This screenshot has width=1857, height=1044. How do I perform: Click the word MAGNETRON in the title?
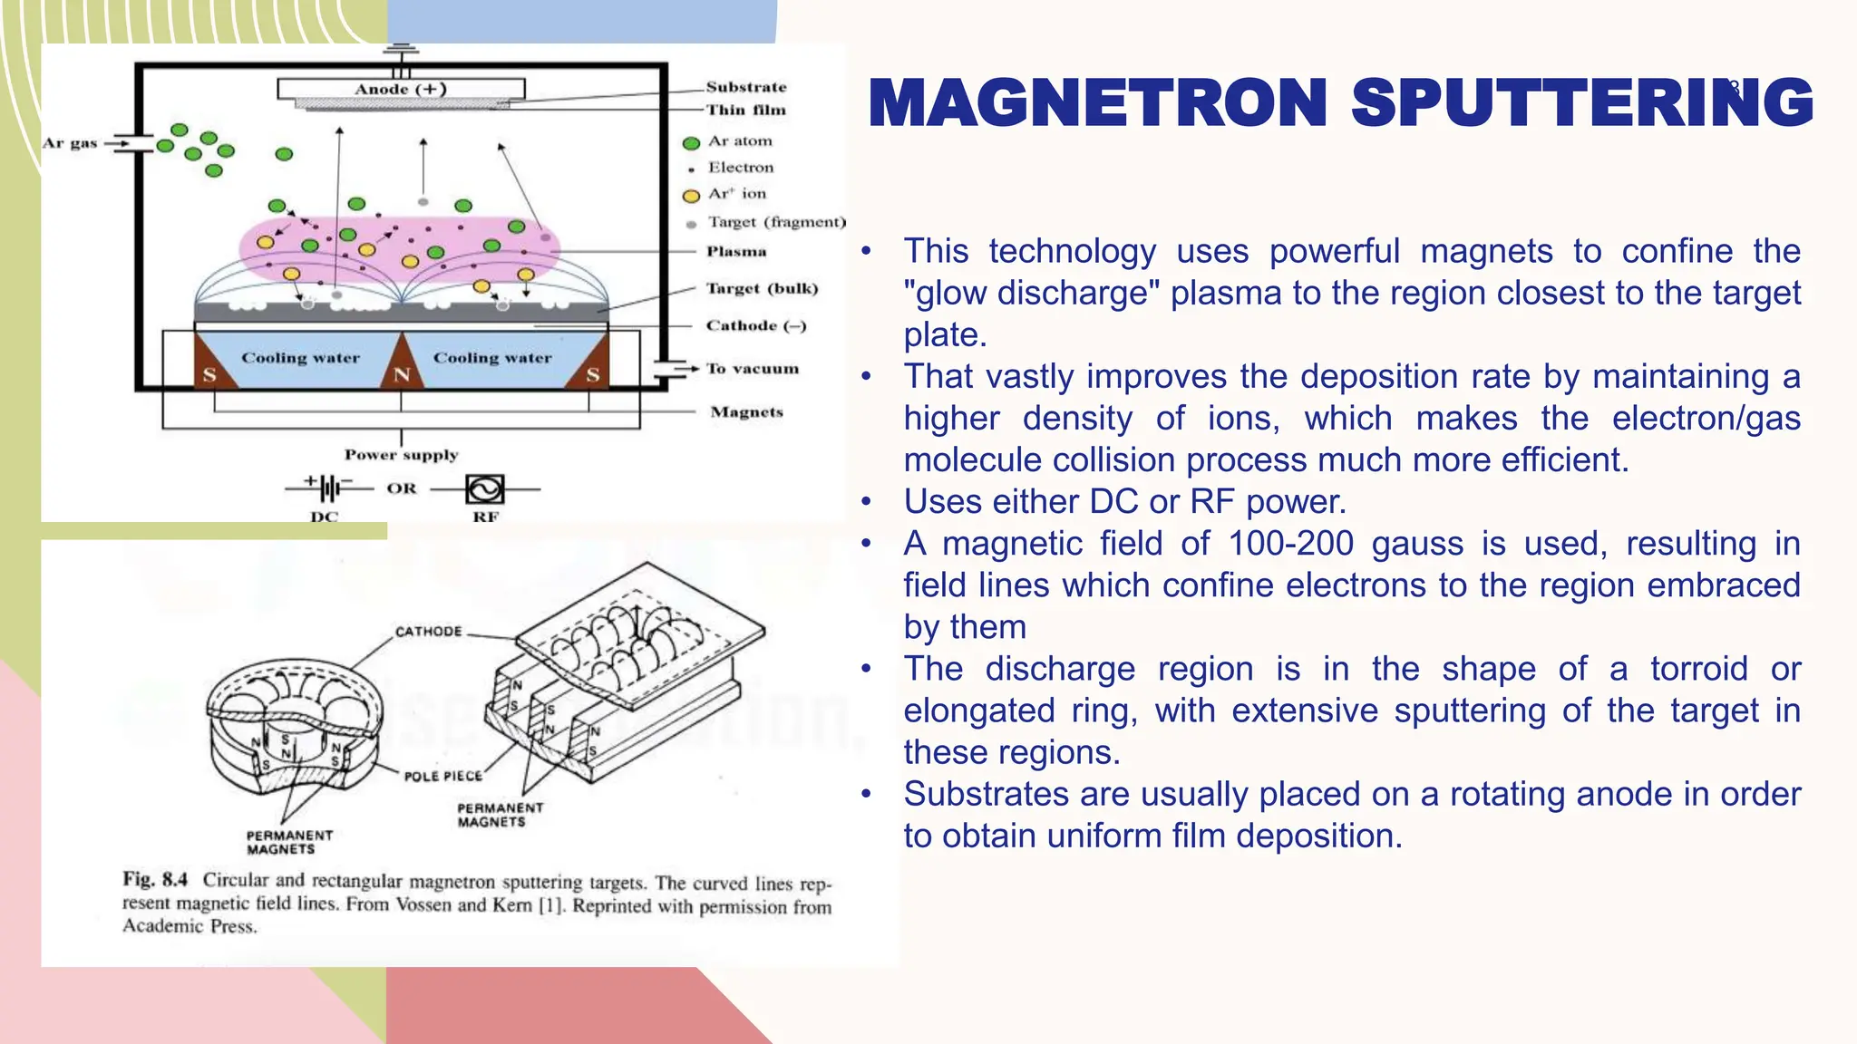pyautogui.click(x=1097, y=102)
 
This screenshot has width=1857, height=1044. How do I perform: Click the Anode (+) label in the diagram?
pyautogui.click(x=400, y=89)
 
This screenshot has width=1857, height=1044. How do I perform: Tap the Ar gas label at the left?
pyautogui.click(x=70, y=143)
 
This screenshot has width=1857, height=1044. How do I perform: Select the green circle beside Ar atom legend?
pyautogui.click(x=691, y=143)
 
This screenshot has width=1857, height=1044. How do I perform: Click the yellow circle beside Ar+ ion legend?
pyautogui.click(x=691, y=196)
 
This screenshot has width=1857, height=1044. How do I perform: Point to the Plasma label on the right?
pyautogui.click(x=736, y=251)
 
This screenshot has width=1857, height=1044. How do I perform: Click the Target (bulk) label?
pyautogui.click(x=762, y=288)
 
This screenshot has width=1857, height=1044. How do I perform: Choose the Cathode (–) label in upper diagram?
pyautogui.click(x=755, y=325)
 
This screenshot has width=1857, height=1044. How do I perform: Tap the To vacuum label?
pyautogui.click(x=753, y=368)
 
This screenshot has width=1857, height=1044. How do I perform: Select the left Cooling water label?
pyautogui.click(x=300, y=358)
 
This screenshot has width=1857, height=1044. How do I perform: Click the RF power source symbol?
pyautogui.click(x=484, y=489)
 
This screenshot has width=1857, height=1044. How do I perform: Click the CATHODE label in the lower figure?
pyautogui.click(x=428, y=632)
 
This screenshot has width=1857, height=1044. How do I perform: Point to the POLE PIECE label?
pyautogui.click(x=442, y=777)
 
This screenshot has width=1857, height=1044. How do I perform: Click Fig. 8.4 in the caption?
pyautogui.click(x=155, y=879)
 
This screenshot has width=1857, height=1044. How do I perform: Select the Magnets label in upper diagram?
pyautogui.click(x=746, y=411)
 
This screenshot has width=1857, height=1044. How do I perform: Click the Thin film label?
pyautogui.click(x=746, y=110)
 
